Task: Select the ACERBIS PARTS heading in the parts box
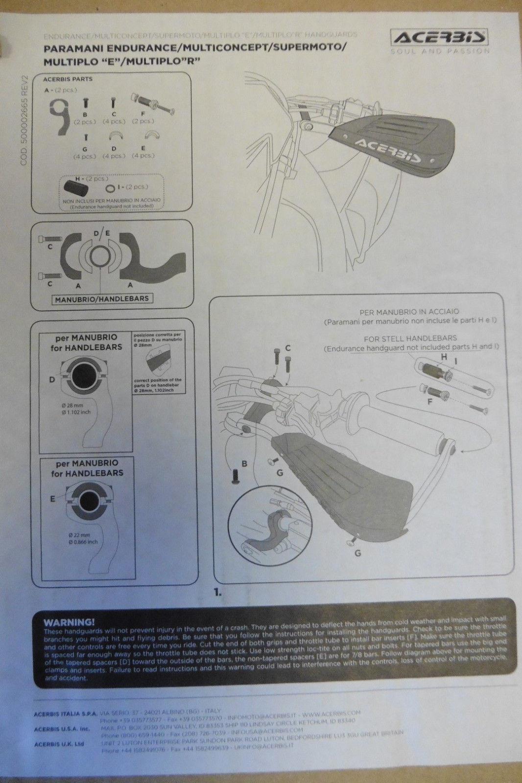pos(68,79)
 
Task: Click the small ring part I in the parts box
pos(110,188)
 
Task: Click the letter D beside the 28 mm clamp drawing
pos(51,379)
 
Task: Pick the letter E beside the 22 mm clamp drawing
pos(52,499)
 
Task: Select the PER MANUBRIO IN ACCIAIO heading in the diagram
pos(409,311)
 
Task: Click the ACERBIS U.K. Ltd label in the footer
pos(59,744)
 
